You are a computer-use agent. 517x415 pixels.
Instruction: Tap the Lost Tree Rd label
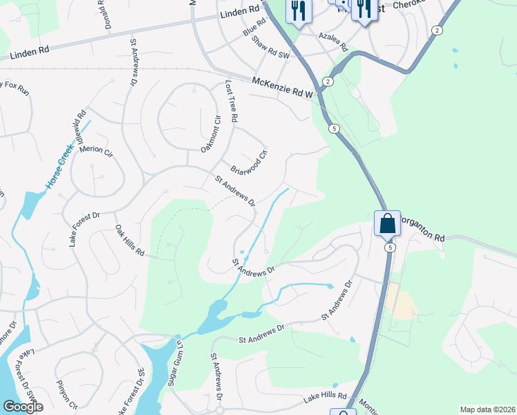pyautogui.click(x=231, y=101)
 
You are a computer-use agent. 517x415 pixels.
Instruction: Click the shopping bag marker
pyautogui.click(x=387, y=223)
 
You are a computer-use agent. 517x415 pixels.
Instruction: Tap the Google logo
pyautogui.click(x=23, y=407)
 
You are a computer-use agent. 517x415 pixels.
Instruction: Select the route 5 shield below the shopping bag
pyautogui.click(x=391, y=247)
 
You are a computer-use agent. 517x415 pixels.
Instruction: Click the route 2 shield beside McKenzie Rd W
pyautogui.click(x=328, y=82)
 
